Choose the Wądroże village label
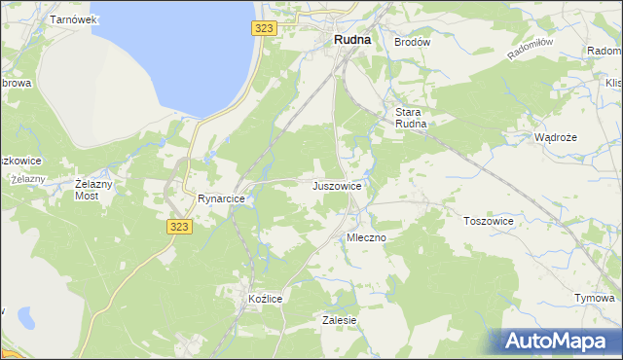point(556,137)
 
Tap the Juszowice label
point(338,185)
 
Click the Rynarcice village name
point(221,198)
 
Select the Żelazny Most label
point(94,190)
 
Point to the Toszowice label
point(488,221)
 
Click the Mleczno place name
point(367,237)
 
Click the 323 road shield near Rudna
point(262,29)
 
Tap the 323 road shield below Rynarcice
point(179,226)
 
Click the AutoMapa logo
point(554,342)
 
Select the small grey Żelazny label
point(27,179)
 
